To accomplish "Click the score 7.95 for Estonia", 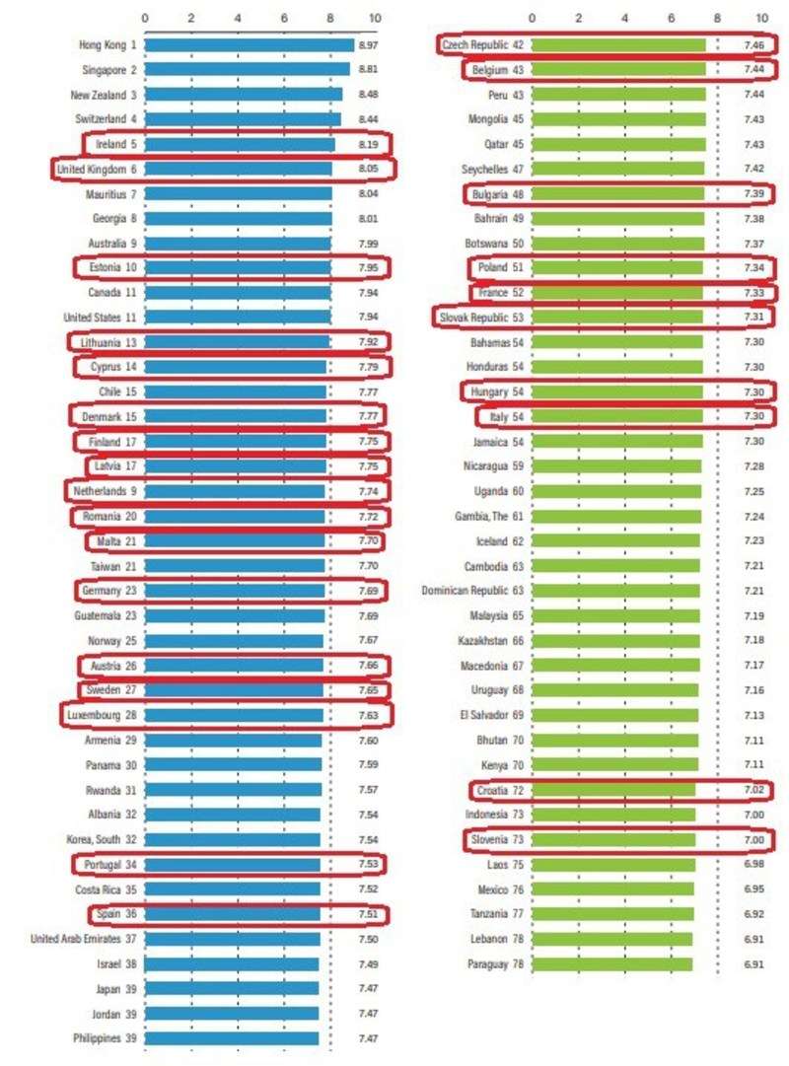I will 369,267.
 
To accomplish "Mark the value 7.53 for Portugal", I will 369,864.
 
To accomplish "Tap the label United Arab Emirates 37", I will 84,939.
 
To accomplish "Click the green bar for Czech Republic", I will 618,45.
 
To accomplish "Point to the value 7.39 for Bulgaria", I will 755,194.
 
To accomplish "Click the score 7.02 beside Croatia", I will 755,791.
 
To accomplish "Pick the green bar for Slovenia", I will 612,840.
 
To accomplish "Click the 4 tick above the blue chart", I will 238,18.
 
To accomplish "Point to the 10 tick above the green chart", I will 761,18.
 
